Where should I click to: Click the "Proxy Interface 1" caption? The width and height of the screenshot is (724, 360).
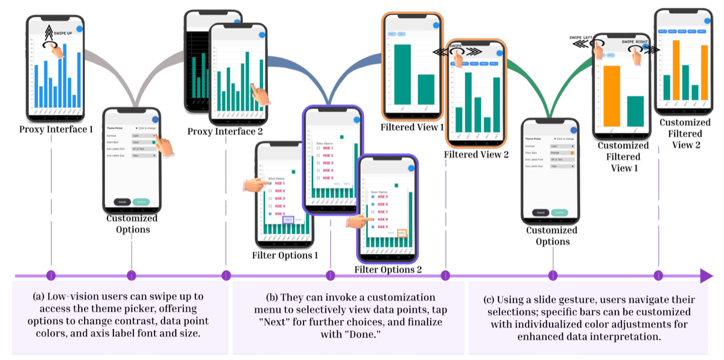coord(56,128)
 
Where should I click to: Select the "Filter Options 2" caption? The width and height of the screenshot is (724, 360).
coord(387,269)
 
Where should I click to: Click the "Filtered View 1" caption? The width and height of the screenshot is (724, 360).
coord(412,127)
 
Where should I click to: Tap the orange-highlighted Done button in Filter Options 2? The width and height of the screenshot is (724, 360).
coord(401,233)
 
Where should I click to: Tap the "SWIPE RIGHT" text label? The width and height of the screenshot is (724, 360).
coord(637,42)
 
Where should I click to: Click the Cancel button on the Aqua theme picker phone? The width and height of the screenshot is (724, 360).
coord(122,201)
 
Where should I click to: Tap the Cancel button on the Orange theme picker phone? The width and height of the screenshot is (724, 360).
coord(540,212)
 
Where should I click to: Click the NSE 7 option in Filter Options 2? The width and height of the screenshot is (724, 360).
coord(383,212)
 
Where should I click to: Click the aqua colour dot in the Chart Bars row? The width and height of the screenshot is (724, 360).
coord(154,143)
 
